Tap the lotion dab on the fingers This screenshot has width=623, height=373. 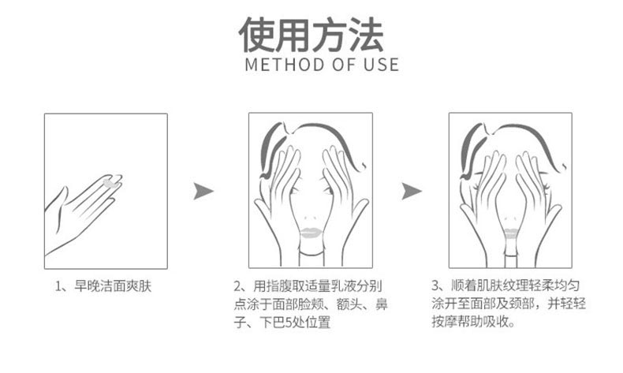coord(109,181)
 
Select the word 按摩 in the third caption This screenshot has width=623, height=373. coord(446,323)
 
